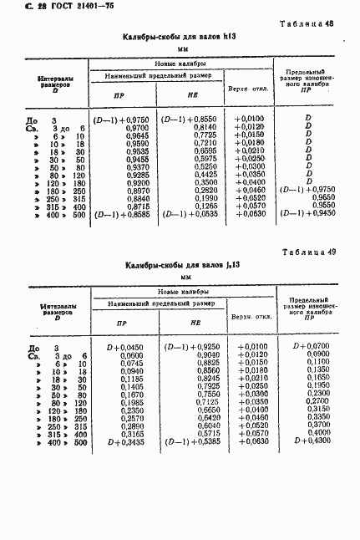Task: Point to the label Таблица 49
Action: [312, 252]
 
